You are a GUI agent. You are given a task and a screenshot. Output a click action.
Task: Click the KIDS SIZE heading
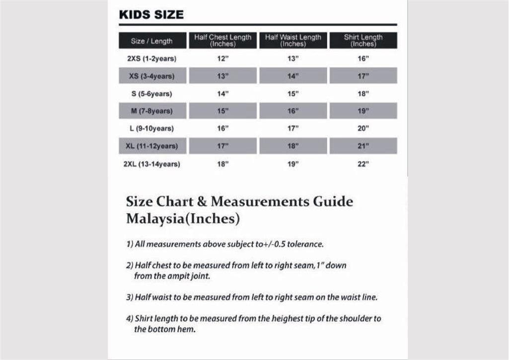(x=151, y=14)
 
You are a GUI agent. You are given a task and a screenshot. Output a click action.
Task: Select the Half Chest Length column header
(x=222, y=40)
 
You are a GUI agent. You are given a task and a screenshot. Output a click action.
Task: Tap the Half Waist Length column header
(x=293, y=40)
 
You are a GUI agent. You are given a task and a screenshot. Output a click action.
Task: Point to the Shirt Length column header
(x=363, y=40)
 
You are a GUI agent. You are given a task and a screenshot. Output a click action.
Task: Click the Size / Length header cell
(x=151, y=41)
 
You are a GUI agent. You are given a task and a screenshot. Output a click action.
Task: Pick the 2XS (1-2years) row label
(x=151, y=59)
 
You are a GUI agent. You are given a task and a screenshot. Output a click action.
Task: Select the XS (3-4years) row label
(x=151, y=76)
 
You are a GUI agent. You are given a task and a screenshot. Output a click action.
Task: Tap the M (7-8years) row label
(x=151, y=111)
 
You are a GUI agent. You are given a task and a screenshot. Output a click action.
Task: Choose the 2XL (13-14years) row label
(x=151, y=164)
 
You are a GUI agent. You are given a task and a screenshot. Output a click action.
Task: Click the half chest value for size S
(x=222, y=93)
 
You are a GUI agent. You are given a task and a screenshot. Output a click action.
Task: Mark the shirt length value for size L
(x=363, y=129)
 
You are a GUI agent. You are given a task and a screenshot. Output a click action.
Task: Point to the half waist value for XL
(x=293, y=146)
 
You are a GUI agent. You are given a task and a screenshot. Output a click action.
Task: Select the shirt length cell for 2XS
(x=363, y=59)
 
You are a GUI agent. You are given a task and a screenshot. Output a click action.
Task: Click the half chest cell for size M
(x=222, y=111)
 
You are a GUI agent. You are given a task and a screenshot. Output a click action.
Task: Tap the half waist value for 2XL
(x=293, y=164)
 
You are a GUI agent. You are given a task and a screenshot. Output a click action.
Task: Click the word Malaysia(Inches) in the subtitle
(x=183, y=218)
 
